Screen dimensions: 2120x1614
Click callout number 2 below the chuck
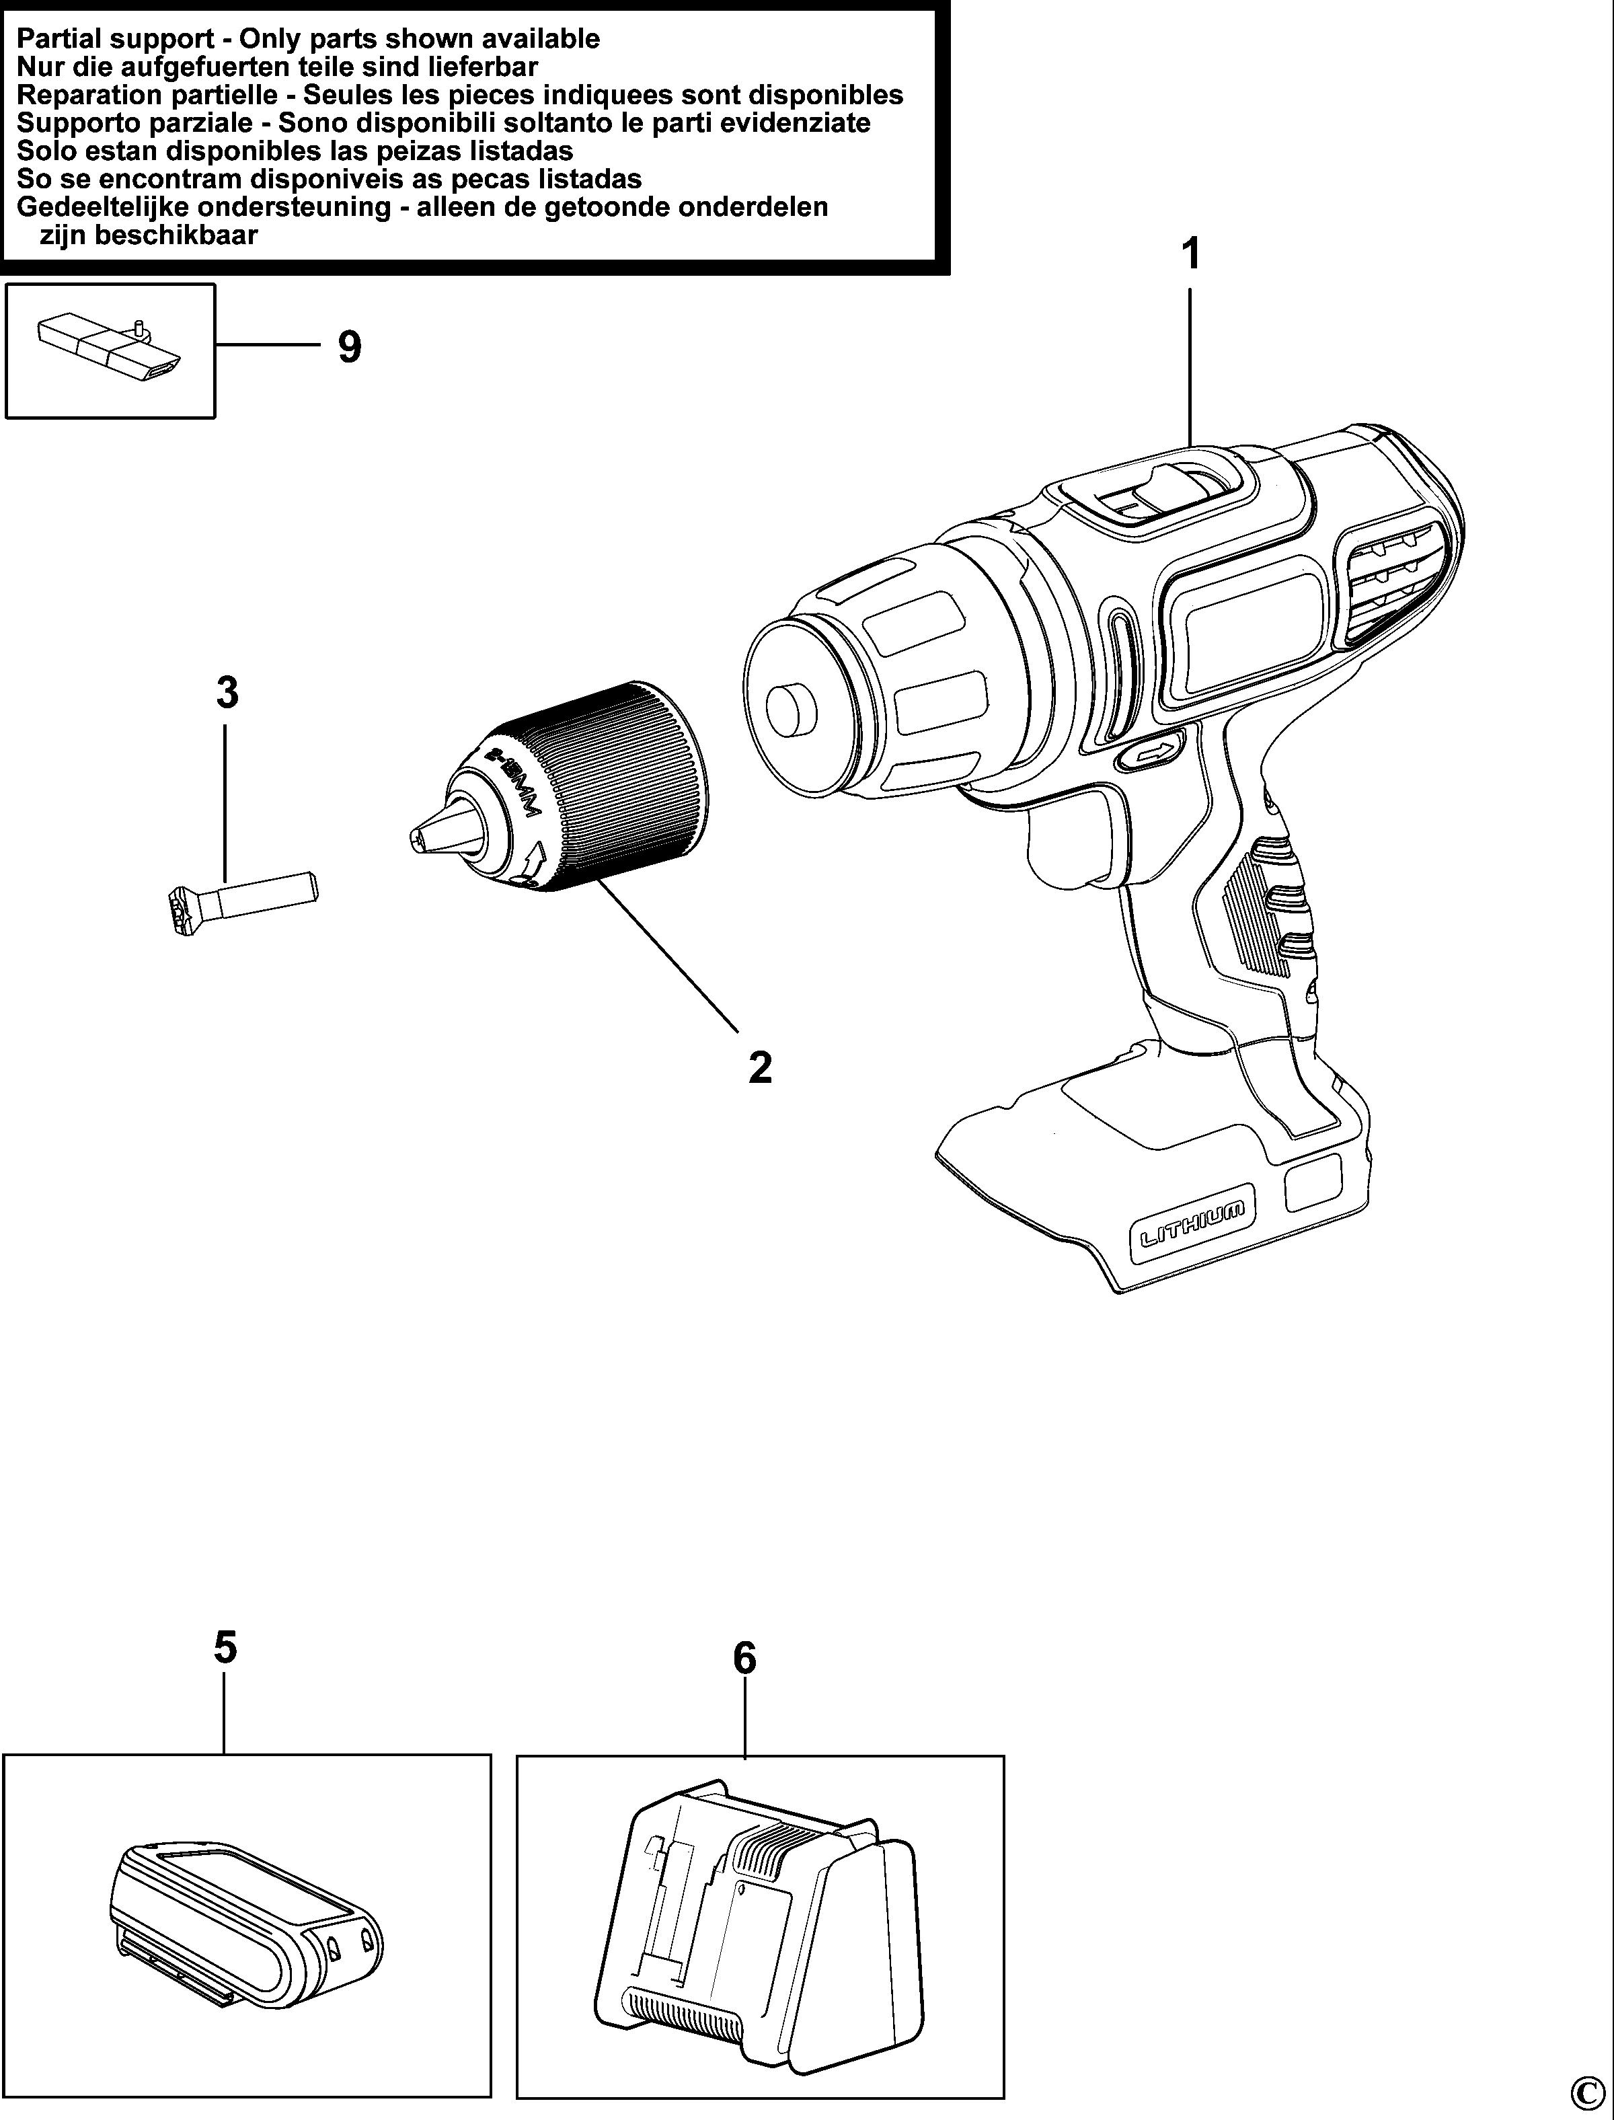760,1067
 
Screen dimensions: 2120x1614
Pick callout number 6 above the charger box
744,1658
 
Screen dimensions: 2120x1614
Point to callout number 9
350,347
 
